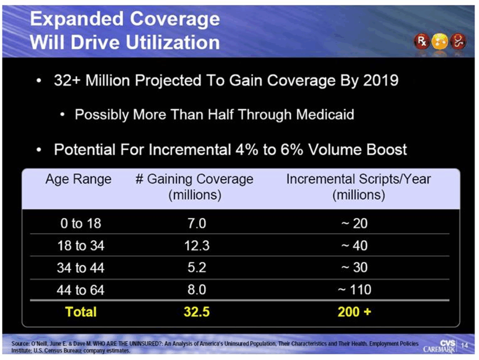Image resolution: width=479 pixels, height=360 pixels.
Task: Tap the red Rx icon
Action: click(420, 43)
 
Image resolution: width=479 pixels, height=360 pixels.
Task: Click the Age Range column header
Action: click(78, 179)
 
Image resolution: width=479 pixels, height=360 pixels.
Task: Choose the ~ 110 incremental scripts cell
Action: click(354, 290)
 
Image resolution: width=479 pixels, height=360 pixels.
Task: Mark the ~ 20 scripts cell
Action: click(354, 223)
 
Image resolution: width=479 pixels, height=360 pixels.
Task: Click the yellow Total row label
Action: click(80, 312)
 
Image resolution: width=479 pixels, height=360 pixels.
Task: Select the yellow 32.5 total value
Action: click(196, 312)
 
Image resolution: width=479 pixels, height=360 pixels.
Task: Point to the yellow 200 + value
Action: click(354, 312)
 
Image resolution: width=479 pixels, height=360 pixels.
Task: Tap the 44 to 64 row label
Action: click(80, 290)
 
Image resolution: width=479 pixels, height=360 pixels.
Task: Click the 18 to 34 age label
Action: click(80, 245)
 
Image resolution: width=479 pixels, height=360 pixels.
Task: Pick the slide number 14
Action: click(464, 346)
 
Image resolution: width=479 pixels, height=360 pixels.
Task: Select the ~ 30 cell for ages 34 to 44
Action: click(354, 267)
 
